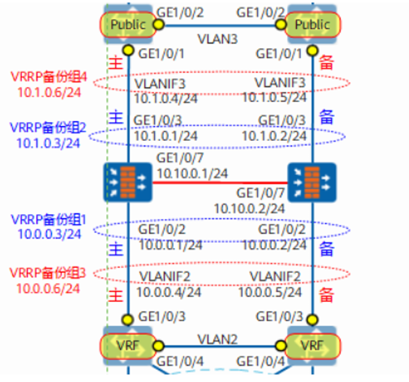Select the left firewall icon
coord(128,182)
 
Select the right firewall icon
coord(312,182)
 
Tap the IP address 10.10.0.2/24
coord(250,207)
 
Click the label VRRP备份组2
coord(48,128)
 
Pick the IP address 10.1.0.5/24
coord(274,97)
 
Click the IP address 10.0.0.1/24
coord(170,245)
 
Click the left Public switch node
coord(127,24)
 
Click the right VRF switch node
coord(312,344)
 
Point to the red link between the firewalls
coord(220,183)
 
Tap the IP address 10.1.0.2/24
coord(275,135)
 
